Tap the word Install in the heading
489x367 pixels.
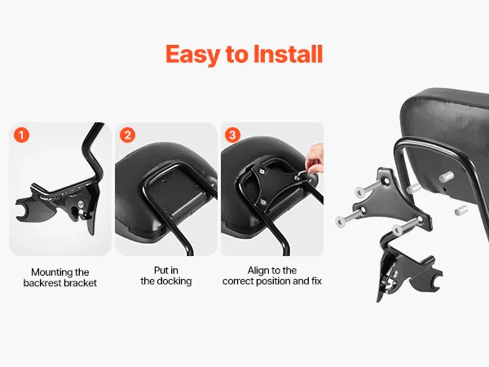(x=288, y=54)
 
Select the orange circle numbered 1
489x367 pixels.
(x=21, y=135)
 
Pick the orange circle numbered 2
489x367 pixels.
(x=128, y=135)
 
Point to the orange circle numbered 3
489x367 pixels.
(x=232, y=135)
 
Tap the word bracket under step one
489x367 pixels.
(x=80, y=283)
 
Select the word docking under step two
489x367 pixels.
(x=174, y=281)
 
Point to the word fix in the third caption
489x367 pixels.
(x=316, y=281)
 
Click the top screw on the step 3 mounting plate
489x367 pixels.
(x=262, y=170)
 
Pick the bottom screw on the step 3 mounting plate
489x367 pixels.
(x=263, y=202)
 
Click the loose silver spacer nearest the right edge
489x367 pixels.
(x=461, y=210)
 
